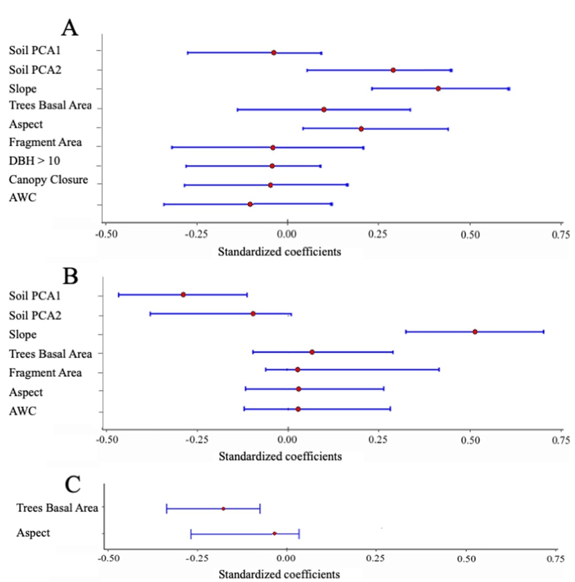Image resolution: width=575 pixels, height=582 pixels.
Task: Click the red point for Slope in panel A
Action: click(438, 89)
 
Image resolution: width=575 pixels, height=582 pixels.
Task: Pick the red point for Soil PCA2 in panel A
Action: click(393, 70)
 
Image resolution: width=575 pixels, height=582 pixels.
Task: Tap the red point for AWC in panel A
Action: click(250, 204)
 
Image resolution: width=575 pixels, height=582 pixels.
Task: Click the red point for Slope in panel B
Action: click(475, 332)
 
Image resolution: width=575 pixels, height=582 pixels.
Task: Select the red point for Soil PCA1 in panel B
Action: click(183, 295)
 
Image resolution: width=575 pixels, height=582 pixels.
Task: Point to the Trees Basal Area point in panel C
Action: click(223, 509)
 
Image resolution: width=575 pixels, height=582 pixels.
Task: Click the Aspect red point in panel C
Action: click(274, 534)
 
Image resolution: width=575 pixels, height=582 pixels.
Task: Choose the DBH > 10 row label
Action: click(34, 161)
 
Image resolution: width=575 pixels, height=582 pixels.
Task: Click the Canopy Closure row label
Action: click(48, 180)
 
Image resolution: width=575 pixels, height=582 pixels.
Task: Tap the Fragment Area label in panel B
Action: click(45, 372)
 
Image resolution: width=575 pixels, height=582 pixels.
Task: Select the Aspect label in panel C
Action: click(33, 533)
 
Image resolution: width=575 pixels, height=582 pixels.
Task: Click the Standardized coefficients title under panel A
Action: click(280, 252)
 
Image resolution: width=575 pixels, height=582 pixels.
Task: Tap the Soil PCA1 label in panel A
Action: click(35, 50)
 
